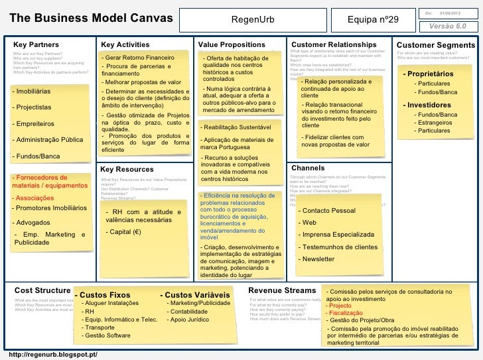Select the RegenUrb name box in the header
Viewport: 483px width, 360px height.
tap(252, 20)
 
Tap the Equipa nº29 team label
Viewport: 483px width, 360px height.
tap(374, 20)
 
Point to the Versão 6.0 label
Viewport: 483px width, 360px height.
tap(448, 25)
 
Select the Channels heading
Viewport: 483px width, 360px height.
tap(308, 168)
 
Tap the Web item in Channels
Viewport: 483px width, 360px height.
tap(309, 223)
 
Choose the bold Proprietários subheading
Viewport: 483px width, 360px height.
tap(431, 73)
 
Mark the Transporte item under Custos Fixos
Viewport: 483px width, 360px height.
tap(100, 327)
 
